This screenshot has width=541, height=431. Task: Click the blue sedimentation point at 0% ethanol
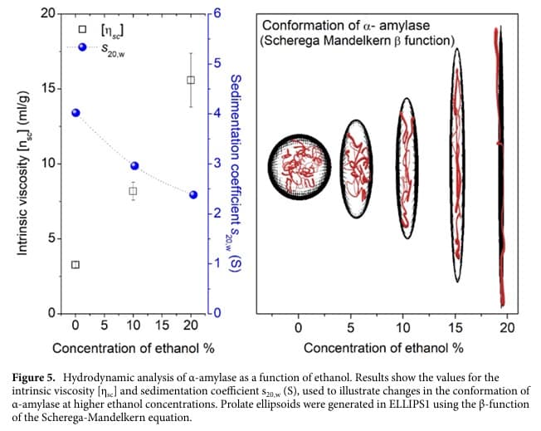click(76, 112)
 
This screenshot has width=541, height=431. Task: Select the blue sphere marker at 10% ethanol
click(134, 165)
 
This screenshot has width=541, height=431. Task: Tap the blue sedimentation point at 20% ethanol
click(193, 194)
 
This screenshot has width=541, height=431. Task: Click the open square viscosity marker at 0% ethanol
click(76, 265)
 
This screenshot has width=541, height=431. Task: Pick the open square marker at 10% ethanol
click(133, 191)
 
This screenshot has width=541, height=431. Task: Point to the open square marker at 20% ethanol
click(191, 80)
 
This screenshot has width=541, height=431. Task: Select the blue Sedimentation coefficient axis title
click(235, 166)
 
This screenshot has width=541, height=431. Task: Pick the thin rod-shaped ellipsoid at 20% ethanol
click(500, 166)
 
